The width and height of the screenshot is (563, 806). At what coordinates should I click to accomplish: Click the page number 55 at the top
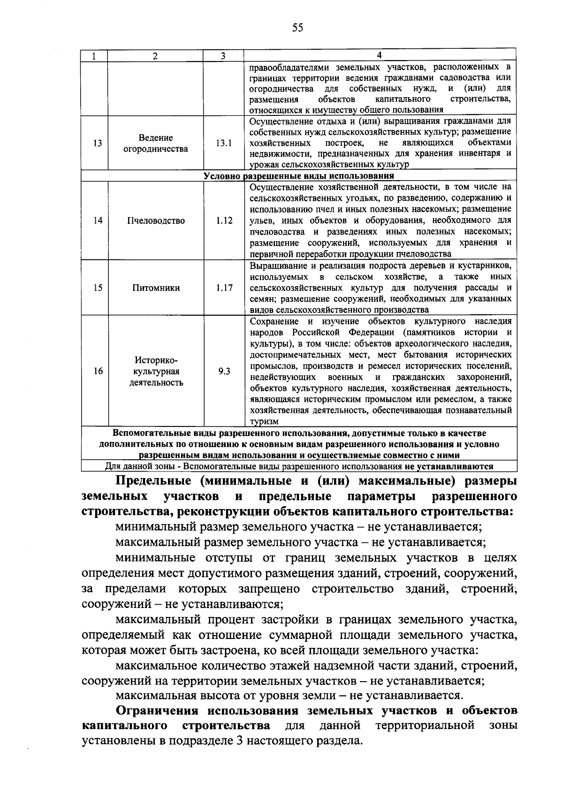[x=297, y=28]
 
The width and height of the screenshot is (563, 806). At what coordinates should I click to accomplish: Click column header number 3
[x=223, y=56]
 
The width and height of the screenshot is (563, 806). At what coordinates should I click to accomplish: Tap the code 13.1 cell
[x=224, y=143]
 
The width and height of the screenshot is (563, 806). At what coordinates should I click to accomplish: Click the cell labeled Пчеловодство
[x=156, y=221]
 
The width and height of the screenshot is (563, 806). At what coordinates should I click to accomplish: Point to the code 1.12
[x=224, y=221]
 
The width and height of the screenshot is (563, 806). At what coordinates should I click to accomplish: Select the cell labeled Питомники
[x=156, y=288]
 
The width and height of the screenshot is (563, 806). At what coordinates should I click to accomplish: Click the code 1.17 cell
[x=224, y=288]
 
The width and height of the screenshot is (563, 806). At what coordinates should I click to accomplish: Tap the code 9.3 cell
[x=224, y=371]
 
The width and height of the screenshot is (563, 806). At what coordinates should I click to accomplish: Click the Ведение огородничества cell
[x=156, y=143]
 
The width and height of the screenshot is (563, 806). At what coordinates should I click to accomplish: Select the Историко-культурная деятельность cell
[x=156, y=371]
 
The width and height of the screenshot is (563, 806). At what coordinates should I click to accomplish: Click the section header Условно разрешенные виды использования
[x=298, y=176]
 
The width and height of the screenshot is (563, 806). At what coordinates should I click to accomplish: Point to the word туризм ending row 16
[x=264, y=421]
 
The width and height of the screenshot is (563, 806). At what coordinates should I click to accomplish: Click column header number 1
[x=94, y=56]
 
